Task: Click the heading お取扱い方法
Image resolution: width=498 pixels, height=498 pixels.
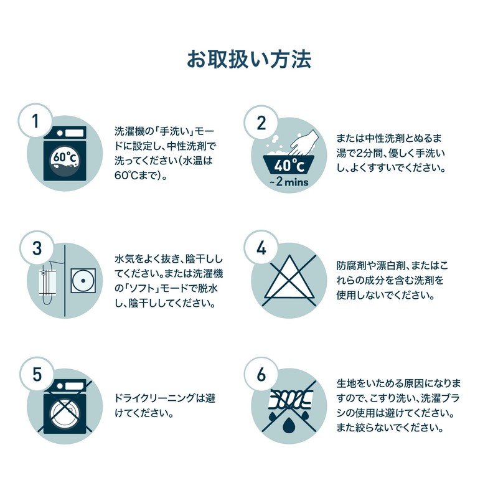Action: pyautogui.click(x=248, y=59)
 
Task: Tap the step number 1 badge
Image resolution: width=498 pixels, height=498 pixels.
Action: pyautogui.click(x=35, y=121)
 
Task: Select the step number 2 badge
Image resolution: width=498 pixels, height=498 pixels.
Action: pyautogui.click(x=261, y=123)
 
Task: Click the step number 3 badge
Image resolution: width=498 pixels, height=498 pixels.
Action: pyautogui.click(x=37, y=248)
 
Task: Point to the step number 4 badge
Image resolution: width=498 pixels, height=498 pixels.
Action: pyautogui.click(x=261, y=248)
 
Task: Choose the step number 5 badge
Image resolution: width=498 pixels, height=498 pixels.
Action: pyautogui.click(x=37, y=374)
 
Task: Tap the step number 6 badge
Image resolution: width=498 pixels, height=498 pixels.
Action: pyautogui.click(x=261, y=374)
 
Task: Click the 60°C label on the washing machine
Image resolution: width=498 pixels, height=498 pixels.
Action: pyautogui.click(x=65, y=157)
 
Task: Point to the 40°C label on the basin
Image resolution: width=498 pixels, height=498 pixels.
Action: pyautogui.click(x=289, y=165)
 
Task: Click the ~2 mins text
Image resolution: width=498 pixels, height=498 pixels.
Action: pyautogui.click(x=289, y=182)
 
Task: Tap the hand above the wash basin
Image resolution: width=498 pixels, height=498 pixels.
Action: pyautogui.click(x=303, y=141)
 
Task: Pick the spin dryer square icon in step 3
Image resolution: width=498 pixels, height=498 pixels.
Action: pyautogui.click(x=83, y=281)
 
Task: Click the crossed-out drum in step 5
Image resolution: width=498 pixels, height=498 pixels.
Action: pyautogui.click(x=65, y=412)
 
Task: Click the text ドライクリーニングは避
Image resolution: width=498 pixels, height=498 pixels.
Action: pyautogui.click(x=165, y=398)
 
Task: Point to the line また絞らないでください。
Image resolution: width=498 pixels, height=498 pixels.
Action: pyautogui.click(x=390, y=428)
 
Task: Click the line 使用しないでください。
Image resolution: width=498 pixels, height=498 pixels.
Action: pyautogui.click(x=385, y=295)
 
